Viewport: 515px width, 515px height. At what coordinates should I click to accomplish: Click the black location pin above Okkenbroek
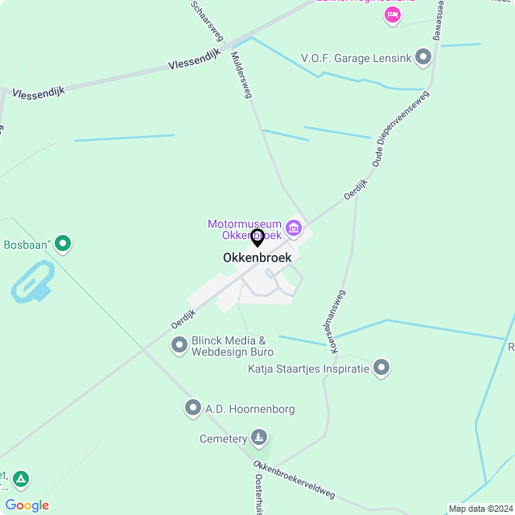click(x=257, y=238)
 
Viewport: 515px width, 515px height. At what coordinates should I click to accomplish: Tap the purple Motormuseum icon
click(x=294, y=229)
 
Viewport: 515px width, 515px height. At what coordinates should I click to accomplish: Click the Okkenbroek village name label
click(x=257, y=258)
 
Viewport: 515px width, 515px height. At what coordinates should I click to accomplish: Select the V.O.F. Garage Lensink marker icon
click(x=423, y=58)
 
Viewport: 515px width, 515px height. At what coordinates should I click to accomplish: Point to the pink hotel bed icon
click(x=393, y=15)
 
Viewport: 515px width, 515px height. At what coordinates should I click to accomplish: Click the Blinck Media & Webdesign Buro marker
click(x=179, y=346)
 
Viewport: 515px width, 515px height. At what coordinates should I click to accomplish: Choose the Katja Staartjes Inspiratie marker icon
click(x=381, y=369)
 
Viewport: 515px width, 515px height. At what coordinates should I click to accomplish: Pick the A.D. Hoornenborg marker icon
click(x=192, y=409)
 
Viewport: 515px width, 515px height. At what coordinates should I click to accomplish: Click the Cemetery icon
click(x=259, y=439)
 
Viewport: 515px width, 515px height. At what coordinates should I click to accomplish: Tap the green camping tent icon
click(x=21, y=480)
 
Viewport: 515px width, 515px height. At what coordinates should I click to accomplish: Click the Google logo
click(x=27, y=505)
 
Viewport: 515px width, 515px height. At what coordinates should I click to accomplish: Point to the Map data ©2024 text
click(x=480, y=509)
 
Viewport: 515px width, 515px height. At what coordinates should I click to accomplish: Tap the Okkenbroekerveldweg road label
click(x=294, y=480)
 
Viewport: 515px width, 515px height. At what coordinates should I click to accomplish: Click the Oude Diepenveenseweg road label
click(x=401, y=129)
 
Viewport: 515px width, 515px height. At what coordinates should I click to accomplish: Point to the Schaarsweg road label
click(x=207, y=20)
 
